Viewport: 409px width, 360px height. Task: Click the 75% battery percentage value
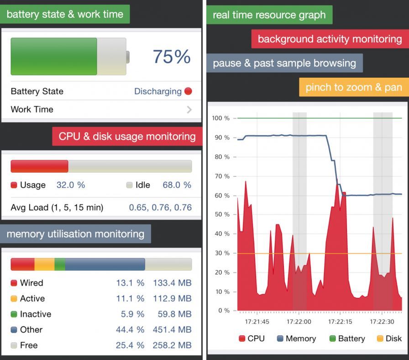[x=171, y=57]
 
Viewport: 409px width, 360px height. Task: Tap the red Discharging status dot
[x=188, y=91]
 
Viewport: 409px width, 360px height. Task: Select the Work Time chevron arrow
[x=189, y=110]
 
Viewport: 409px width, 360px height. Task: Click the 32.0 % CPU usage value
[x=71, y=185]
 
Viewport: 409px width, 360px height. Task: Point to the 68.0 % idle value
[x=177, y=185]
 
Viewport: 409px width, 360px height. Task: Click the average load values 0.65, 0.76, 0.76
[x=160, y=207]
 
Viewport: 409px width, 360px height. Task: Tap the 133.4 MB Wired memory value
[x=172, y=283]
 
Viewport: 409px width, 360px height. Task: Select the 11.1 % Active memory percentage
[x=130, y=299]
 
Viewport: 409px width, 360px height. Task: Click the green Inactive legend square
[x=14, y=314]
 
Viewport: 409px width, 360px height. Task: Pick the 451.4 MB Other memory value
[x=172, y=330]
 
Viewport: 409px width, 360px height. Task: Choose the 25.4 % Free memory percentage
[x=130, y=345]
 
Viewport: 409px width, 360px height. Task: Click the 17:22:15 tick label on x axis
[x=341, y=322]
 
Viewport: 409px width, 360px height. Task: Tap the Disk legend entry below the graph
[x=389, y=339]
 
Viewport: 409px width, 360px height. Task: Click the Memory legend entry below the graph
[x=296, y=339]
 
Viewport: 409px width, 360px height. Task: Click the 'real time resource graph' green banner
[x=269, y=15]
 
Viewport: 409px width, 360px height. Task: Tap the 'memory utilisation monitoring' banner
[x=75, y=234]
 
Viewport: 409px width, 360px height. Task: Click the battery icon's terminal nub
[x=128, y=57]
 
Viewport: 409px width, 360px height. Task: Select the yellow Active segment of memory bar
[x=44, y=265]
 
